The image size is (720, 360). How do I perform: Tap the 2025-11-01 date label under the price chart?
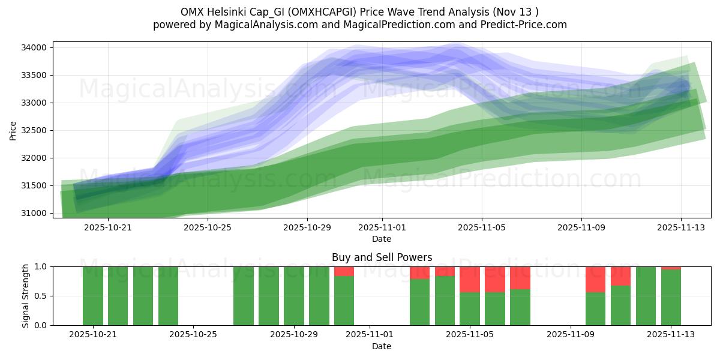382,227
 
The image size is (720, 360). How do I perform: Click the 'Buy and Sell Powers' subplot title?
382,257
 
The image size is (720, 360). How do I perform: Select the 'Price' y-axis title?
13,130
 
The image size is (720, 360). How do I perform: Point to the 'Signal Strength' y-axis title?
25,296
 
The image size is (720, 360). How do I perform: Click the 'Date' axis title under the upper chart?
382,239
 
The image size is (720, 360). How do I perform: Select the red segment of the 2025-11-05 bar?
470,279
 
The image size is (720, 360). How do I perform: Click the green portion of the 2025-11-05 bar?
470,309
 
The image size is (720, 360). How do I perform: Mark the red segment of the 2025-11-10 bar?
595,279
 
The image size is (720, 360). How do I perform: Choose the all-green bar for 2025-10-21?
93,296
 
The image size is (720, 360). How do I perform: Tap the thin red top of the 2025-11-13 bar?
671,268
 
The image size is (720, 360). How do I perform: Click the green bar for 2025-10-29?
294,296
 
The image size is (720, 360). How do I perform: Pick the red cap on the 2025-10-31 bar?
344,271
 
